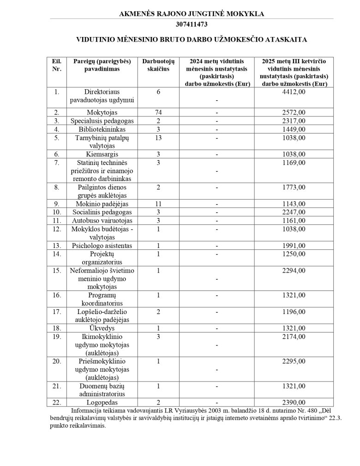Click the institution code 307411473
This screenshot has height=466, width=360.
(192, 24)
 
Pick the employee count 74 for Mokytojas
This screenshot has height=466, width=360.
(158, 112)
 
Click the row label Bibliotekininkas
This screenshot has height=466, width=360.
(102, 129)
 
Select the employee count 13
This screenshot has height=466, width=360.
(158, 138)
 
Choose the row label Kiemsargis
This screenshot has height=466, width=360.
(102, 154)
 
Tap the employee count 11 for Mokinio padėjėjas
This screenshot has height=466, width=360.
(158, 204)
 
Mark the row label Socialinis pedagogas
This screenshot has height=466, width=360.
(102, 212)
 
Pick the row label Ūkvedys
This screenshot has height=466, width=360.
(102, 328)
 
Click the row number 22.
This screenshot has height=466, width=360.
(57, 402)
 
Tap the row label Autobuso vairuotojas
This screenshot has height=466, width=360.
(102, 220)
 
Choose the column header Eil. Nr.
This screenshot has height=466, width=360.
(57, 65)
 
